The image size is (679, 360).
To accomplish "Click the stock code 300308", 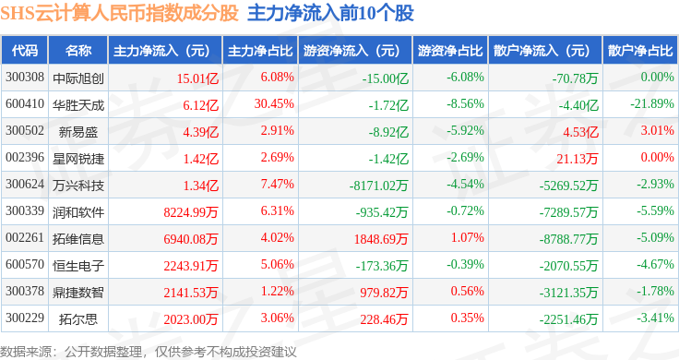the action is click(x=25, y=78).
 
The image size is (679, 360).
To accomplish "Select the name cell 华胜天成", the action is click(x=78, y=105).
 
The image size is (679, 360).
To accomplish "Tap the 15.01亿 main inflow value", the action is click(x=197, y=78).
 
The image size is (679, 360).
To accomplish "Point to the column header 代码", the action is click(x=25, y=50).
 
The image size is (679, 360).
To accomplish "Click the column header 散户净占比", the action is click(x=640, y=50).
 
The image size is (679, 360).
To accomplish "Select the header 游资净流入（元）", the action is click(x=351, y=50).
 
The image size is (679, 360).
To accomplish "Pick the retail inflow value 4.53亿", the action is click(x=580, y=132).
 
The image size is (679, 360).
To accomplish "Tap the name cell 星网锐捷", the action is click(x=78, y=159).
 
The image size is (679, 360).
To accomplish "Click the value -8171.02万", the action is click(x=379, y=186).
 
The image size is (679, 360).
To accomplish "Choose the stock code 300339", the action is click(x=25, y=211).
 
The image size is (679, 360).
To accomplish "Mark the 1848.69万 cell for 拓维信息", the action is click(x=381, y=239).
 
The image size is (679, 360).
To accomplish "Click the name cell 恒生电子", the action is click(x=78, y=266).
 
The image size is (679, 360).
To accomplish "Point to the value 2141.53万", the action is click(x=191, y=293).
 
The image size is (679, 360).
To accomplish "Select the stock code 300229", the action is click(x=25, y=318).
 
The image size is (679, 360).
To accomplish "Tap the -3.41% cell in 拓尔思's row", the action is click(x=655, y=318).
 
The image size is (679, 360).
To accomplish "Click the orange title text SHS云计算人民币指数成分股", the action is click(x=119, y=14).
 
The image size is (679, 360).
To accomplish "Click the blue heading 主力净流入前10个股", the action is click(x=330, y=14).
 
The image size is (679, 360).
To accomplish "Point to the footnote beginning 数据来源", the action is click(x=149, y=352).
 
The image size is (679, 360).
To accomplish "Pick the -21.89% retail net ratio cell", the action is click(x=652, y=104).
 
